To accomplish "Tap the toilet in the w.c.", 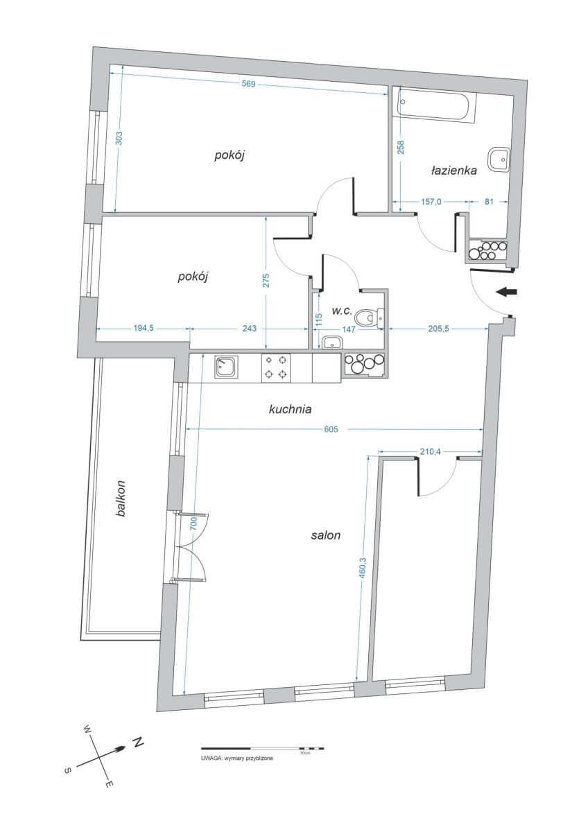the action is coord(368,318).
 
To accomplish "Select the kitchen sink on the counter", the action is coord(226,367).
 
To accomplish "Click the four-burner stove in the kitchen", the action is coord(276,367).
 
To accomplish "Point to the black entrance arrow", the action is coord(506,292).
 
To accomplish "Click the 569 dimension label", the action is coord(248,84).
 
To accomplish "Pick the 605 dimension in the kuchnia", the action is coord(331,429).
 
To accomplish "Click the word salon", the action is coord(326,535).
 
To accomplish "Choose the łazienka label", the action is coord(454,171).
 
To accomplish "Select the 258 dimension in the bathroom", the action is coord(401,147).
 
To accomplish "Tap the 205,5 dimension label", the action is coord(436,329).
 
